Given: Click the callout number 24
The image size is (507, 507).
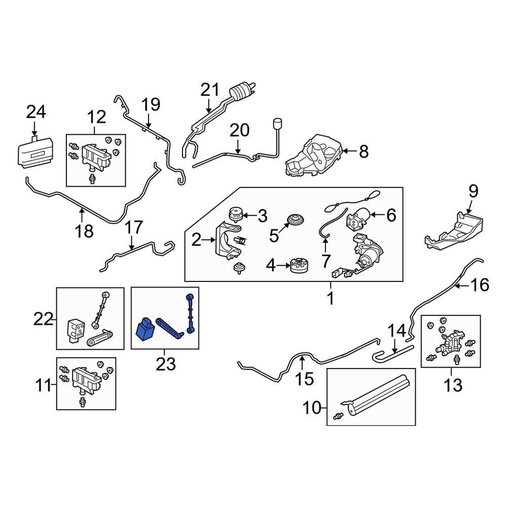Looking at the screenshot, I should (36, 111).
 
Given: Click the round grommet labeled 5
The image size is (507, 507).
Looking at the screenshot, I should (294, 221).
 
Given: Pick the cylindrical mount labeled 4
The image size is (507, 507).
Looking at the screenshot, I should (300, 265).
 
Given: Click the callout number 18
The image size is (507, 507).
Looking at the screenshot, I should (85, 231).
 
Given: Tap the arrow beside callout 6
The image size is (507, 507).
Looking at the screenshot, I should (375, 215).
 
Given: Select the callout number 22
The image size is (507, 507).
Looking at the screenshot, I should (43, 319).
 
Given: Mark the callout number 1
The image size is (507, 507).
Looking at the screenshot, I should (330, 299).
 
